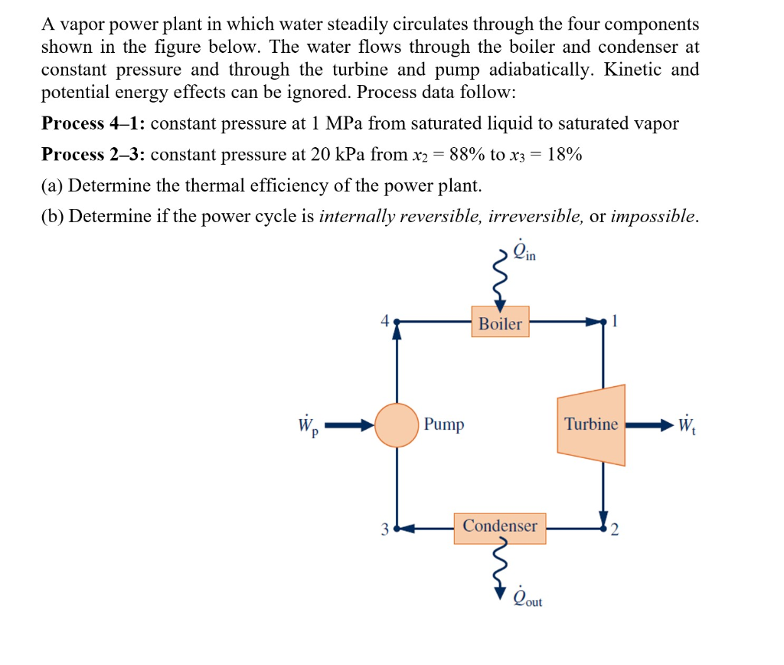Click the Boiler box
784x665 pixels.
point(500,323)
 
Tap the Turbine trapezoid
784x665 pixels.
point(592,424)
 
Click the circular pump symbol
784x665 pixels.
point(397,424)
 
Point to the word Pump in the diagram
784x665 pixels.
point(444,424)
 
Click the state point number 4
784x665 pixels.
point(385,322)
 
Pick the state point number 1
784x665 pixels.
point(614,322)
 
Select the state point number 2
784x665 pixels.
point(614,529)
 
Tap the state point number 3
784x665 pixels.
point(385,529)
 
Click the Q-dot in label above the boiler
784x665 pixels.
point(525,254)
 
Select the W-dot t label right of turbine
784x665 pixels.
point(688,425)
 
